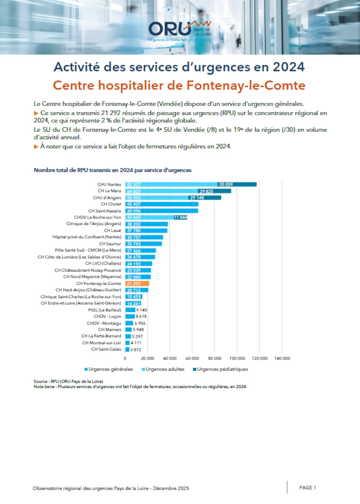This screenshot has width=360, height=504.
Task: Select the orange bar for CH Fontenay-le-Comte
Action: [137, 284]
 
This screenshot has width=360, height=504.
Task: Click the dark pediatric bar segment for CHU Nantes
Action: [237, 184]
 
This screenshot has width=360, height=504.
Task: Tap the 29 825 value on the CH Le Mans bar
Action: [206, 191]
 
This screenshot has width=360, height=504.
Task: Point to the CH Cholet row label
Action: [111, 204]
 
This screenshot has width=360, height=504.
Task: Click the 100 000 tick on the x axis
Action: [237, 358]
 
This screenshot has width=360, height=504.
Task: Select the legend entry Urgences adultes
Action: [165, 369]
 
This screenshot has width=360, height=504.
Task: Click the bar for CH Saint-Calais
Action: [127, 349]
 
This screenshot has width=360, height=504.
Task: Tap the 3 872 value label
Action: [136, 350]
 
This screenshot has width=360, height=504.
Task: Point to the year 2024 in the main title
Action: [289, 67]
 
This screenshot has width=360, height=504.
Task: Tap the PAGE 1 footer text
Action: [307, 488]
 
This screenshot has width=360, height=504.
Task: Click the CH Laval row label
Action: [112, 230]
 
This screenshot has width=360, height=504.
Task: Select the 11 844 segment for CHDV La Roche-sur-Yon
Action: [180, 217]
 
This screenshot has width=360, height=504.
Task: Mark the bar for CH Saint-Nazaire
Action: [162, 211]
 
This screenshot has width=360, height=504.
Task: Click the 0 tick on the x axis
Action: [125, 358]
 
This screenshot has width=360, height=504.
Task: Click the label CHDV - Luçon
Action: [107, 316]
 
